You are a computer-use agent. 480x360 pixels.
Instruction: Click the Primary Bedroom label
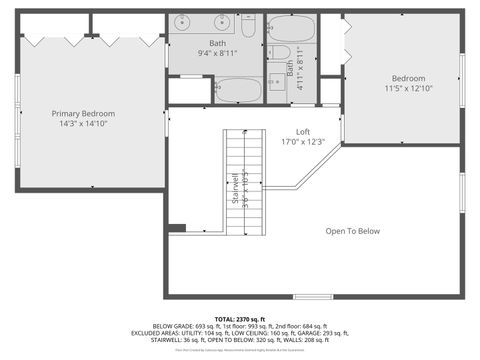point(83,114)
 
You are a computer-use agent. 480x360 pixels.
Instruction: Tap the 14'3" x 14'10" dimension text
point(83,124)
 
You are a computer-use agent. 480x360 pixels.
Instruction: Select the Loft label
point(303,132)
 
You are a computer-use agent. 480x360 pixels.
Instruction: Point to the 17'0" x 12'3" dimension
point(303,142)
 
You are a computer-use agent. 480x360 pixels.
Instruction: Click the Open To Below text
point(353,231)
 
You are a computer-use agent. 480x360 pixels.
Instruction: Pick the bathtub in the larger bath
point(239,90)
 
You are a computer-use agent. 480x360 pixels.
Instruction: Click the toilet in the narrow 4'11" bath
point(281,52)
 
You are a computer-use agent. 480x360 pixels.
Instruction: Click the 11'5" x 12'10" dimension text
point(408,89)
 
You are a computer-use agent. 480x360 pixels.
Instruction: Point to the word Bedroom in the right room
point(408,79)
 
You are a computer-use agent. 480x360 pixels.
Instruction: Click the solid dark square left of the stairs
point(177,228)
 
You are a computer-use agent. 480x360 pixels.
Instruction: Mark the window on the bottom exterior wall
point(313,296)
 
